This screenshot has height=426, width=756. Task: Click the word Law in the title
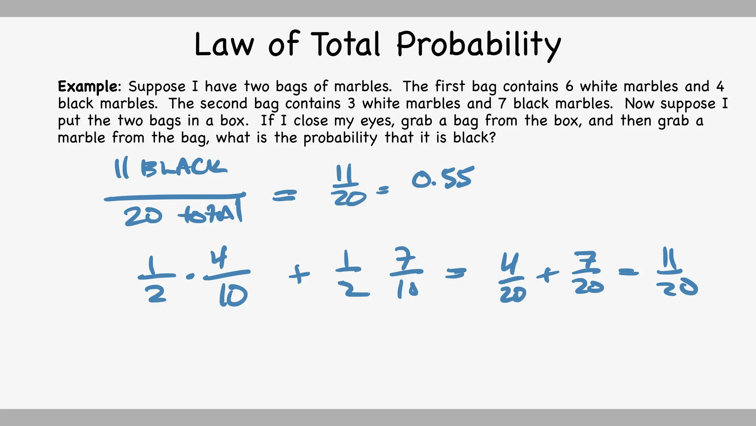point(224,44)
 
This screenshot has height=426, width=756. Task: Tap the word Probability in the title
point(478,45)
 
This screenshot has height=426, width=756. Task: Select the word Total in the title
point(345,44)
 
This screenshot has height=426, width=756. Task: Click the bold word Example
point(88,87)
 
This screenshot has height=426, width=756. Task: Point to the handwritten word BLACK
point(183,169)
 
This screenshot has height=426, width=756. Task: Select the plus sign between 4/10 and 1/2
point(299,275)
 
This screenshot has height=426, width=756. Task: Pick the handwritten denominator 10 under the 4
point(233,297)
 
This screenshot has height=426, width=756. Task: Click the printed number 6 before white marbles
point(569,87)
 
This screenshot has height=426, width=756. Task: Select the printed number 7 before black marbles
point(502,104)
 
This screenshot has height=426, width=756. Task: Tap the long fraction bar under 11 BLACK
point(174,197)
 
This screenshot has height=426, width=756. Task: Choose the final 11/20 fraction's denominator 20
point(677,288)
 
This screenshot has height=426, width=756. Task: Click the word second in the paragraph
point(223,104)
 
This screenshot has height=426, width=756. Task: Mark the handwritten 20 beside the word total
point(143,216)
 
